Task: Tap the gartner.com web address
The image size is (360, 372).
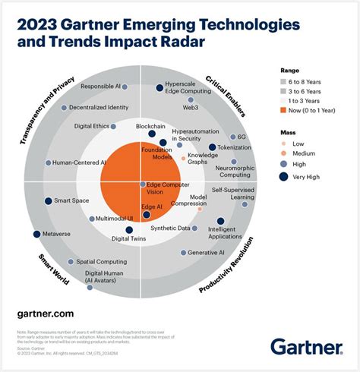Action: [x=45, y=313]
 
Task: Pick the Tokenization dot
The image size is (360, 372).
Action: [x=213, y=147]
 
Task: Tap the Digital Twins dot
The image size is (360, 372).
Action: [x=128, y=230]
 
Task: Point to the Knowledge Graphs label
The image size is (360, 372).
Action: [x=202, y=159]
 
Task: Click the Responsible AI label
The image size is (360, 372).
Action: [x=100, y=87]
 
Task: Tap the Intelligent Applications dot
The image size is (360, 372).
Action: [x=220, y=221]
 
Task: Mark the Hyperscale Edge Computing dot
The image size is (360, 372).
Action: [x=159, y=88]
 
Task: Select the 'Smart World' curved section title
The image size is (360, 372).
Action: [x=54, y=267]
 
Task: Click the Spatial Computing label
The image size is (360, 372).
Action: [x=101, y=262]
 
